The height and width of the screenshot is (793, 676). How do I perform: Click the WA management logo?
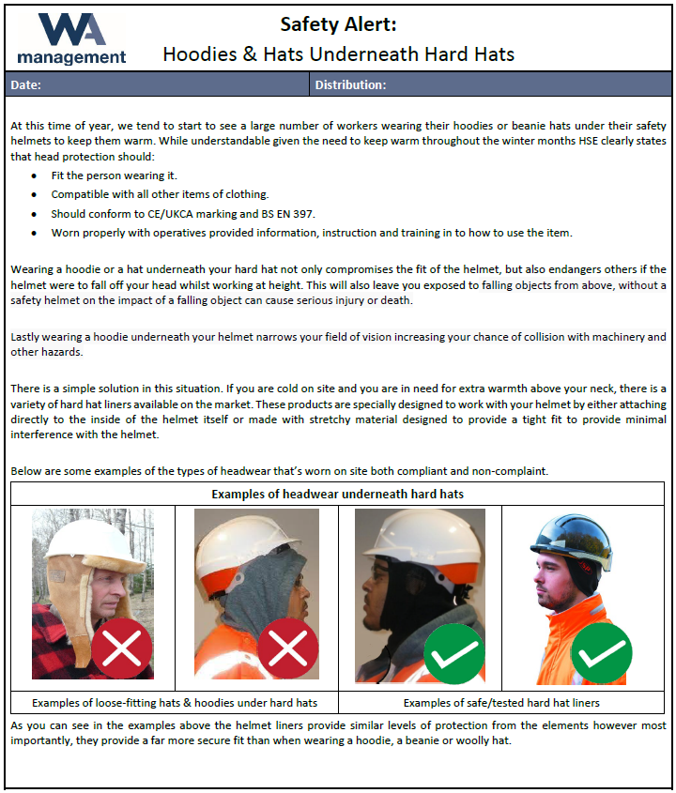coord(71,38)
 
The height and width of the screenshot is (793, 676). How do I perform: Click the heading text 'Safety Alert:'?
coord(338,25)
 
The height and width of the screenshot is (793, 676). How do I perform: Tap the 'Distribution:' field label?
coord(350,85)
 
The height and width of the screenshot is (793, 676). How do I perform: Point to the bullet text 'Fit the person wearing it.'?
coord(114,175)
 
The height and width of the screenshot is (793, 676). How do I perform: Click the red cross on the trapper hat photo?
coord(122,648)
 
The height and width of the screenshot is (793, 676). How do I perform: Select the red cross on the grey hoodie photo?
coord(287,648)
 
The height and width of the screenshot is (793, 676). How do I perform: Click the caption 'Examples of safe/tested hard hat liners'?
coord(500,703)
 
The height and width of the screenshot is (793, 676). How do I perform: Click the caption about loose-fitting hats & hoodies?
coord(175,703)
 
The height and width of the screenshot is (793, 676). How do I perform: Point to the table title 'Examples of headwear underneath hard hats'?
coord(337,494)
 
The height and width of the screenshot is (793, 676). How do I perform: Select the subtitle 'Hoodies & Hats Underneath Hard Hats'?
coord(338,53)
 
